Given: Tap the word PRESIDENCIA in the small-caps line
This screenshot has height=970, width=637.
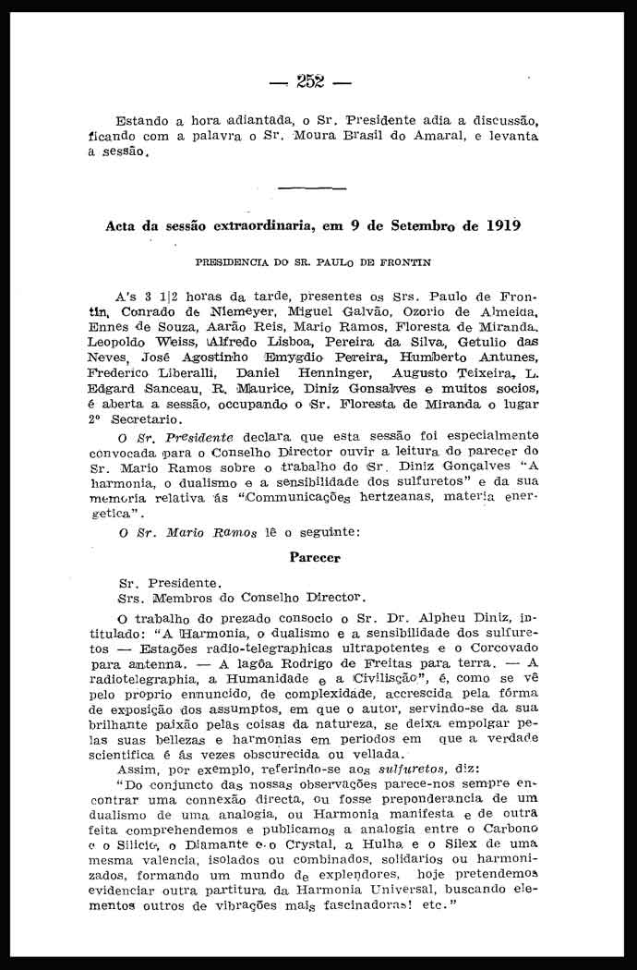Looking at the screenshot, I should tap(235, 262).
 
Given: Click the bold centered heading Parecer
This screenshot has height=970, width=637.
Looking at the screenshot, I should tap(315, 558).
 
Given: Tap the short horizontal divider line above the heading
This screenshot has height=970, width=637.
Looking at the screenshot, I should tap(312, 189).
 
